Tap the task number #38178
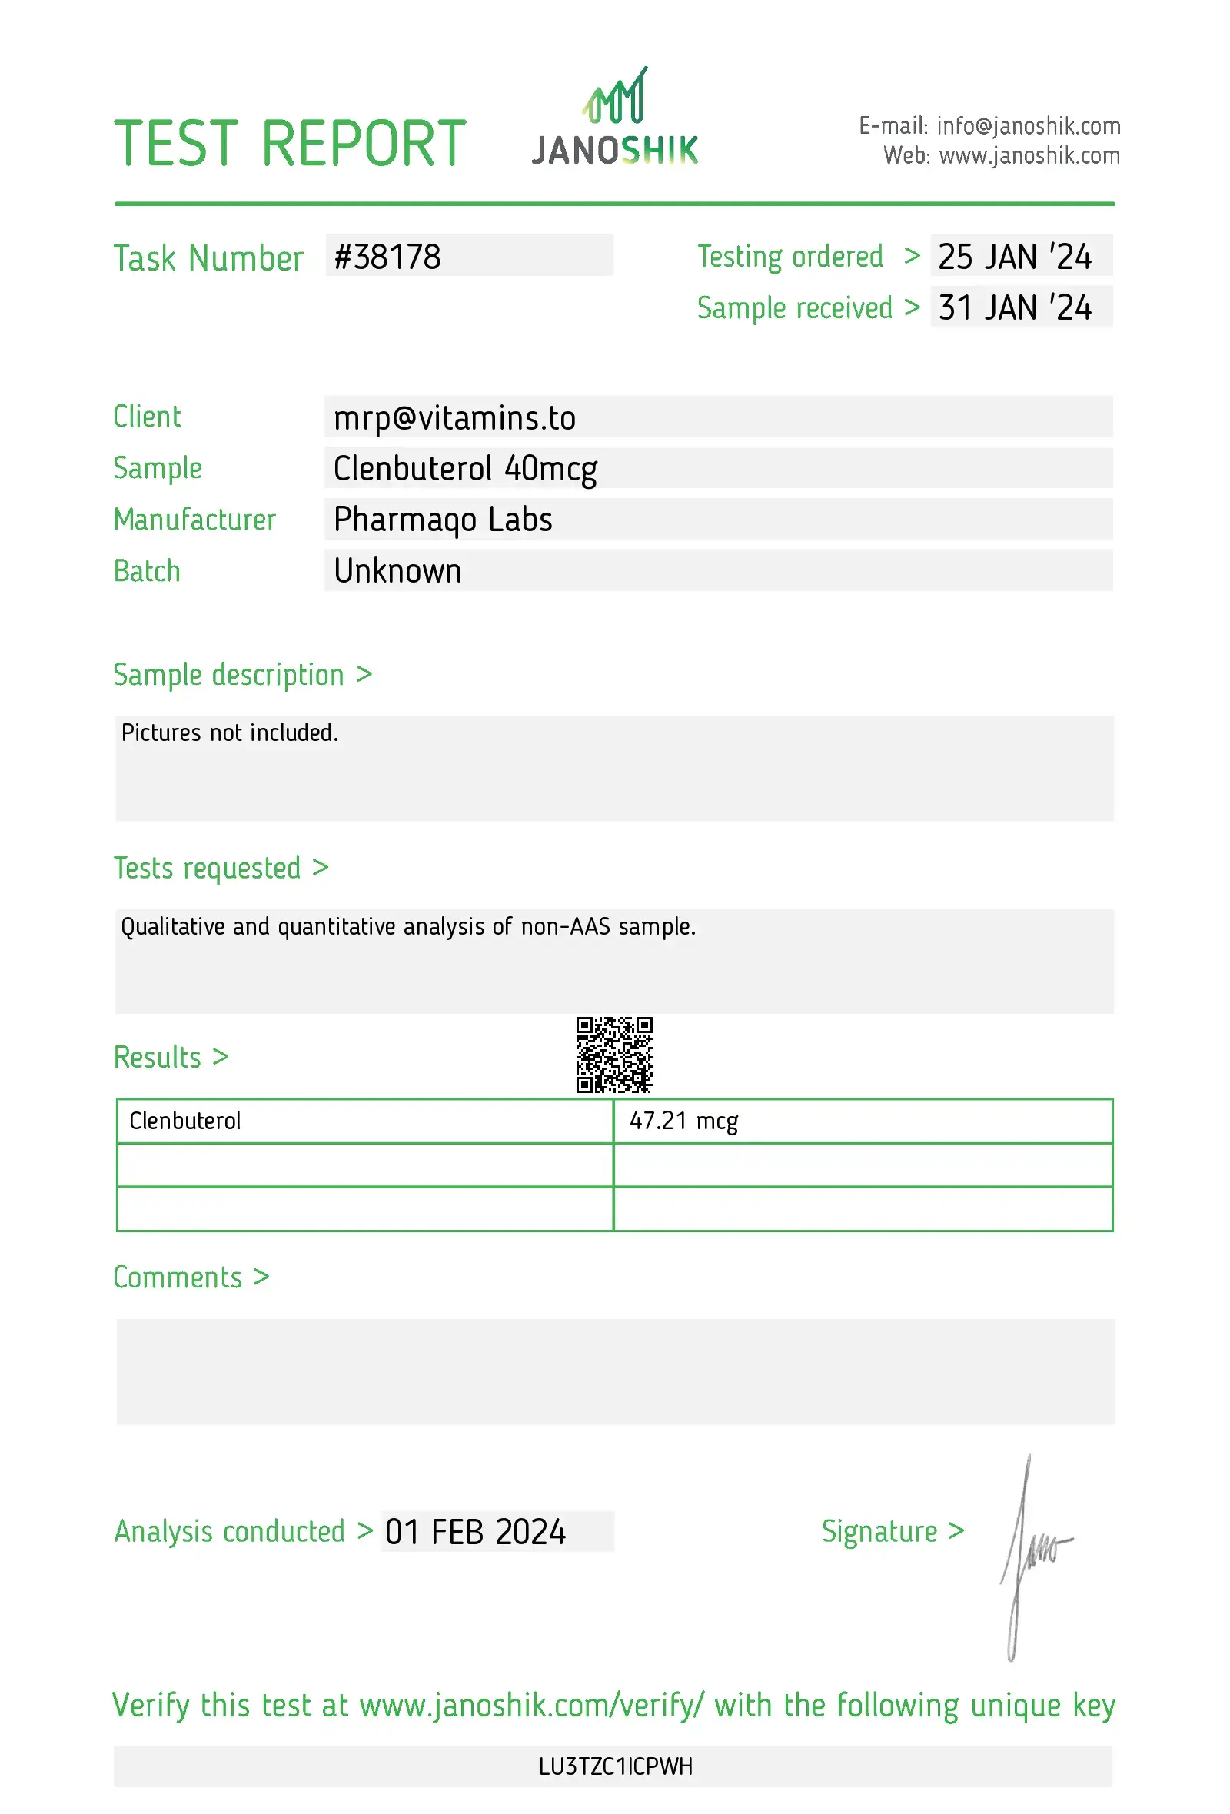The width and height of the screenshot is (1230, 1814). (388, 257)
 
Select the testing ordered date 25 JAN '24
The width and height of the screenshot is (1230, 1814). (1014, 257)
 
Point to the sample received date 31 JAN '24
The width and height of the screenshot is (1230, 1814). (1014, 307)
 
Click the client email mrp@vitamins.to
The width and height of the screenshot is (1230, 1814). (454, 417)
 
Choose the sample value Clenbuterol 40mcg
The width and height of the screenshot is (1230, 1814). (465, 468)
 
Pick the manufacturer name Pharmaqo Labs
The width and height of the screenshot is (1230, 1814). (443, 520)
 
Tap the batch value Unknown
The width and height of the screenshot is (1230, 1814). (397, 571)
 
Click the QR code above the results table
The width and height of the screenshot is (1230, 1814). (614, 1054)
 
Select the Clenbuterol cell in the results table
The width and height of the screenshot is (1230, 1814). (185, 1121)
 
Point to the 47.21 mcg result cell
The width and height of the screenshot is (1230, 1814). (683, 1121)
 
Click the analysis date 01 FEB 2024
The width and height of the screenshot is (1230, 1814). (475, 1532)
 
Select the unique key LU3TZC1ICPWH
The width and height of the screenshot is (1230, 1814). (615, 1766)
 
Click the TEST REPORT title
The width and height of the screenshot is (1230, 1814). (290, 144)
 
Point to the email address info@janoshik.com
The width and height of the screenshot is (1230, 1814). (1028, 125)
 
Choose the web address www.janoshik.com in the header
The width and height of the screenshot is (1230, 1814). (1029, 156)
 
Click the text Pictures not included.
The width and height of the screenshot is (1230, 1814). (229, 733)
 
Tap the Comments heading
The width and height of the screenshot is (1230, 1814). (178, 1277)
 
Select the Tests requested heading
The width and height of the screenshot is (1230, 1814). (207, 868)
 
